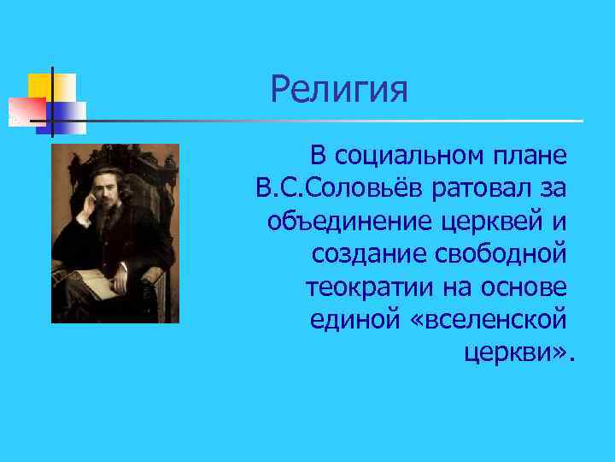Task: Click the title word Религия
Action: tap(339, 89)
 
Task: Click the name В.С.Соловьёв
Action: tap(331, 188)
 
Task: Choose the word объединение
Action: tap(350, 221)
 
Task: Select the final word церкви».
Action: tap(520, 351)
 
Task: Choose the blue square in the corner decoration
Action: tap(70, 115)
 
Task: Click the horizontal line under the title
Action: tap(342, 121)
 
